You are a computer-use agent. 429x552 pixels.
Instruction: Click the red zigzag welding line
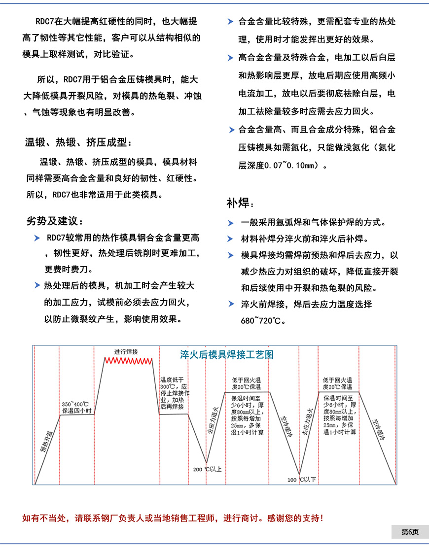[x=129, y=361]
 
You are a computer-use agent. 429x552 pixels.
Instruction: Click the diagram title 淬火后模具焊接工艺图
[x=227, y=354]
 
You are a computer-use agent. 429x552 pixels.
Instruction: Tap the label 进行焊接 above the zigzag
[x=126, y=352]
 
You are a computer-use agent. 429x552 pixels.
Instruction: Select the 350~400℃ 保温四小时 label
[x=76, y=407]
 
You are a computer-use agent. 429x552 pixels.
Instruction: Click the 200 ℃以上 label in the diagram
[x=207, y=469]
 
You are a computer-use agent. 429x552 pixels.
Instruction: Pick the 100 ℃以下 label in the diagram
[x=302, y=479]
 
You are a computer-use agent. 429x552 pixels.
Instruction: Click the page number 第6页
[x=409, y=532]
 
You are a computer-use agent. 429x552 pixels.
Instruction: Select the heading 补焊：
[x=241, y=203]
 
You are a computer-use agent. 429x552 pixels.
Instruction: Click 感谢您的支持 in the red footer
[x=295, y=518]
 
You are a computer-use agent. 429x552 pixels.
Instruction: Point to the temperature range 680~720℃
[x=263, y=321]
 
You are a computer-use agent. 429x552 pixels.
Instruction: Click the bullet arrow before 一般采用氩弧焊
[x=230, y=223]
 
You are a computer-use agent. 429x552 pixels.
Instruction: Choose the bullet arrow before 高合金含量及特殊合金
[x=230, y=58]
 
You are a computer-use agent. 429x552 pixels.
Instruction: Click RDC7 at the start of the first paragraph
[x=46, y=22]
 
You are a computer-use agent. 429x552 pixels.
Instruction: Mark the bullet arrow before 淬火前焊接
[x=230, y=304]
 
